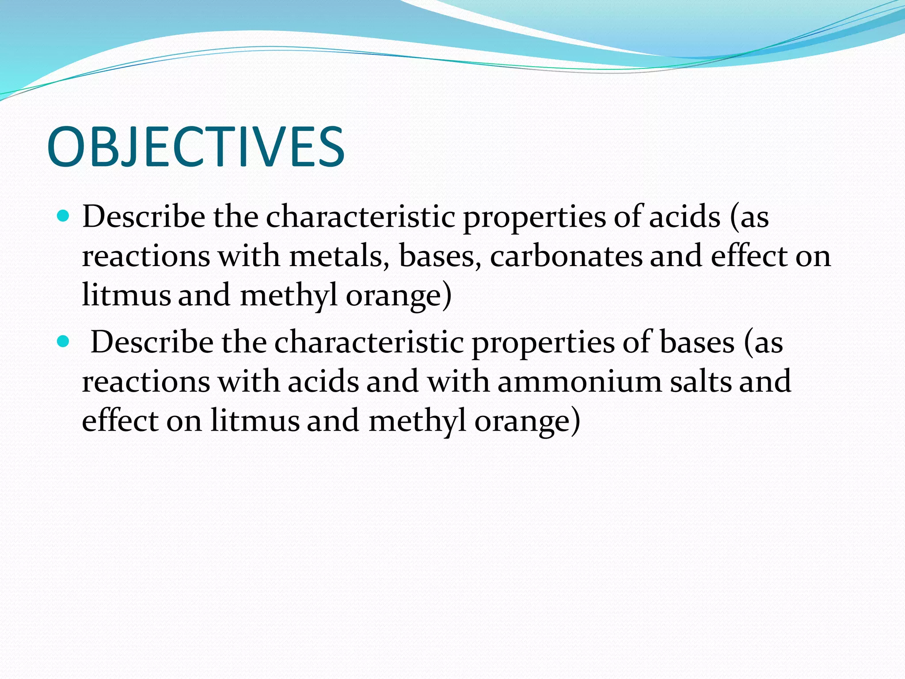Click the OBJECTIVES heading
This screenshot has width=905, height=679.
point(195,147)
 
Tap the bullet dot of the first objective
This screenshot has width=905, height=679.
point(64,216)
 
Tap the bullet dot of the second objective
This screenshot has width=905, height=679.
point(64,341)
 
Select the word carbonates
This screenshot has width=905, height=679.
point(566,256)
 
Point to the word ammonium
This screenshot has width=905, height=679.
point(579,381)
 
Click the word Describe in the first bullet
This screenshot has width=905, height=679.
point(144,217)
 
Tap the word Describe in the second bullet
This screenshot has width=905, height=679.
point(152,343)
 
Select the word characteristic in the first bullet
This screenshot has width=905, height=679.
point(360,217)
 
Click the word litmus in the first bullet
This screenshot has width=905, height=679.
point(126,295)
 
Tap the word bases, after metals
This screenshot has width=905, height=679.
point(440,256)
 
